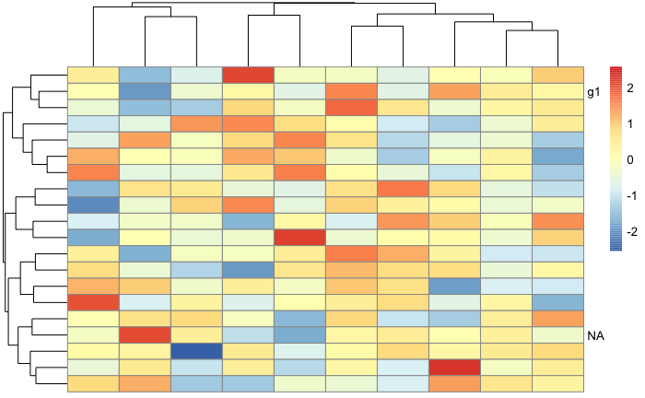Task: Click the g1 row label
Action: pos(593,92)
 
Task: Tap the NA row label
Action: pos(595,335)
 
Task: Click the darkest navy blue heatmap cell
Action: pos(196,351)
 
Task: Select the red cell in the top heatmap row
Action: pos(248,76)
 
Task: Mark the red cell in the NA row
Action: pos(145,334)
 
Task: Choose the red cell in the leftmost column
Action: pos(93,302)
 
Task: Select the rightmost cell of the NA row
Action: pos(557,334)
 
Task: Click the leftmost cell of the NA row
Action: pos(93,334)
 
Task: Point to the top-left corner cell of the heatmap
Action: pos(93,76)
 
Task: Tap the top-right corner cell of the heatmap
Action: pos(557,76)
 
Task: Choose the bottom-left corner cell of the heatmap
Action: pos(93,383)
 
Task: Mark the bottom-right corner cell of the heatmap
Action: pos(557,383)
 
